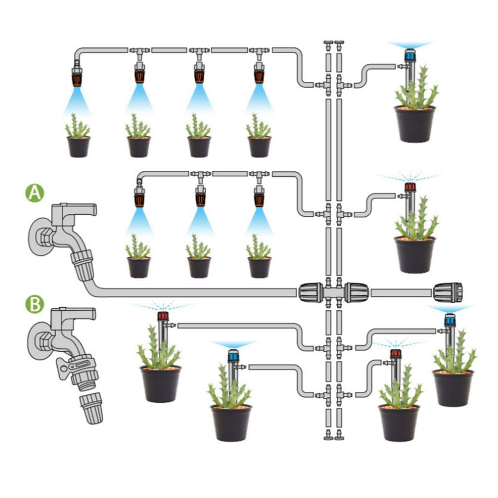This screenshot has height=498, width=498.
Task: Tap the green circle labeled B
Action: coord(35,304)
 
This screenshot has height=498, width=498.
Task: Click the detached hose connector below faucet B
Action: coord(91,408)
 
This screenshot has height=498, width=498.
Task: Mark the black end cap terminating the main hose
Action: coord(448,292)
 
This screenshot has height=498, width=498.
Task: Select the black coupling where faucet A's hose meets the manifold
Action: coord(311,292)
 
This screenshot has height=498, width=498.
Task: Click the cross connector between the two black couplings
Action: coord(334,292)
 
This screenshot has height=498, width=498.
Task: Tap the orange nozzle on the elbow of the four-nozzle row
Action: coord(77,78)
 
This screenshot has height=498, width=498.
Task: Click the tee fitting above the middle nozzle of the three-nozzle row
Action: coord(200,176)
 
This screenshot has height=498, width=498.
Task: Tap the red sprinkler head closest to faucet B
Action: coord(163,316)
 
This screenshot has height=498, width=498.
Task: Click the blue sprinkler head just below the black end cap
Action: coord(449,320)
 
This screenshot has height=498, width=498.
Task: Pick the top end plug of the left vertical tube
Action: coord(328,46)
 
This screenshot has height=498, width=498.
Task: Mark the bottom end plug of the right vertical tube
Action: coord(339,435)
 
